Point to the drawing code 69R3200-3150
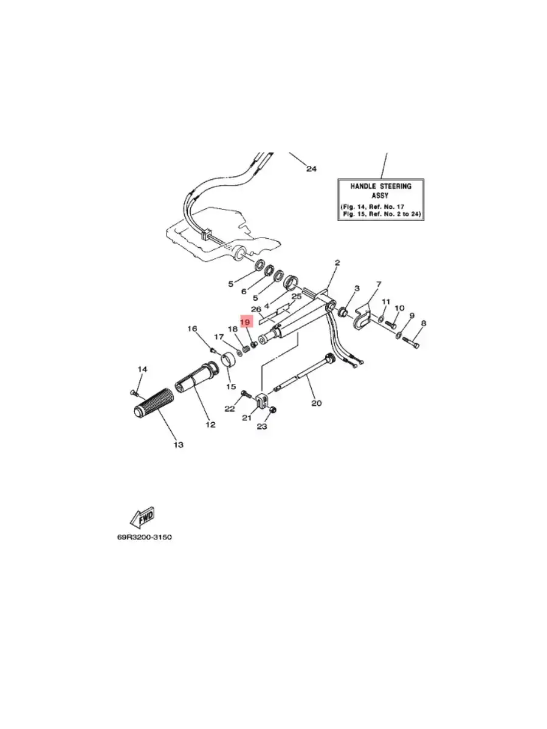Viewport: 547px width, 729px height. pyautogui.click(x=145, y=538)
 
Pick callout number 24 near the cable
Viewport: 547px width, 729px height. pyautogui.click(x=311, y=168)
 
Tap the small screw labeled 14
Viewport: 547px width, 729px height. pyautogui.click(x=133, y=392)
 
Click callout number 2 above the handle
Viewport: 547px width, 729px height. pyautogui.click(x=337, y=262)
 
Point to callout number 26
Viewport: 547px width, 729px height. pyautogui.click(x=256, y=309)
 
